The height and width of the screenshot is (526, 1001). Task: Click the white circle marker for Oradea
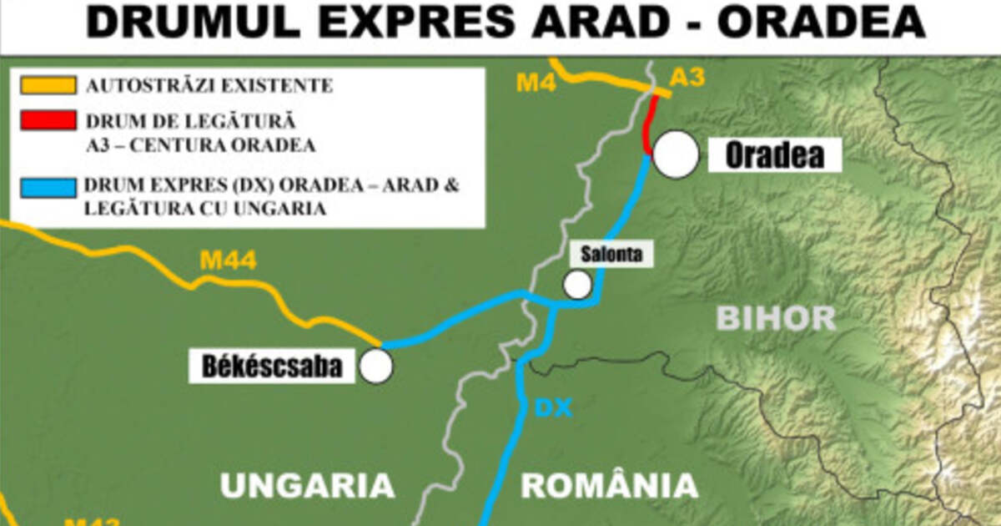pyautogui.click(x=676, y=154)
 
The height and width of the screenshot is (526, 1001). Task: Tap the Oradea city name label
pyautogui.click(x=775, y=154)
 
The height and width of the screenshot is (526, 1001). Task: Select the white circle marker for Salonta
pyautogui.click(x=577, y=285)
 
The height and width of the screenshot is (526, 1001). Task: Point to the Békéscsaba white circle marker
pyautogui.click(x=376, y=366)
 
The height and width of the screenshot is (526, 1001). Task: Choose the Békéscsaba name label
pyautogui.click(x=273, y=367)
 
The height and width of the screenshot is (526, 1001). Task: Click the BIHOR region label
pyautogui.click(x=776, y=317)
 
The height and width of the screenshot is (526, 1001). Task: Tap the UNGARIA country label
pyautogui.click(x=307, y=485)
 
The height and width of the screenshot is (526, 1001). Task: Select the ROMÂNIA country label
pyautogui.click(x=609, y=485)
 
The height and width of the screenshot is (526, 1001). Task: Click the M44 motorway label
pyautogui.click(x=228, y=261)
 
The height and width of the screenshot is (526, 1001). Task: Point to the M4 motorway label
pyautogui.click(x=536, y=83)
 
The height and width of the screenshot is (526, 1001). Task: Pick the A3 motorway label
pyautogui.click(x=687, y=78)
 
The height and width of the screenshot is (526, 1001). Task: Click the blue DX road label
pyautogui.click(x=553, y=408)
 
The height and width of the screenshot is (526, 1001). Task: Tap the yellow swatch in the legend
pyautogui.click(x=48, y=85)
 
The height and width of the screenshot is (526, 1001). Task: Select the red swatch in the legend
pyautogui.click(x=48, y=119)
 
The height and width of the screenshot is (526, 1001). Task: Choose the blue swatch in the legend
pyautogui.click(x=48, y=185)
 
